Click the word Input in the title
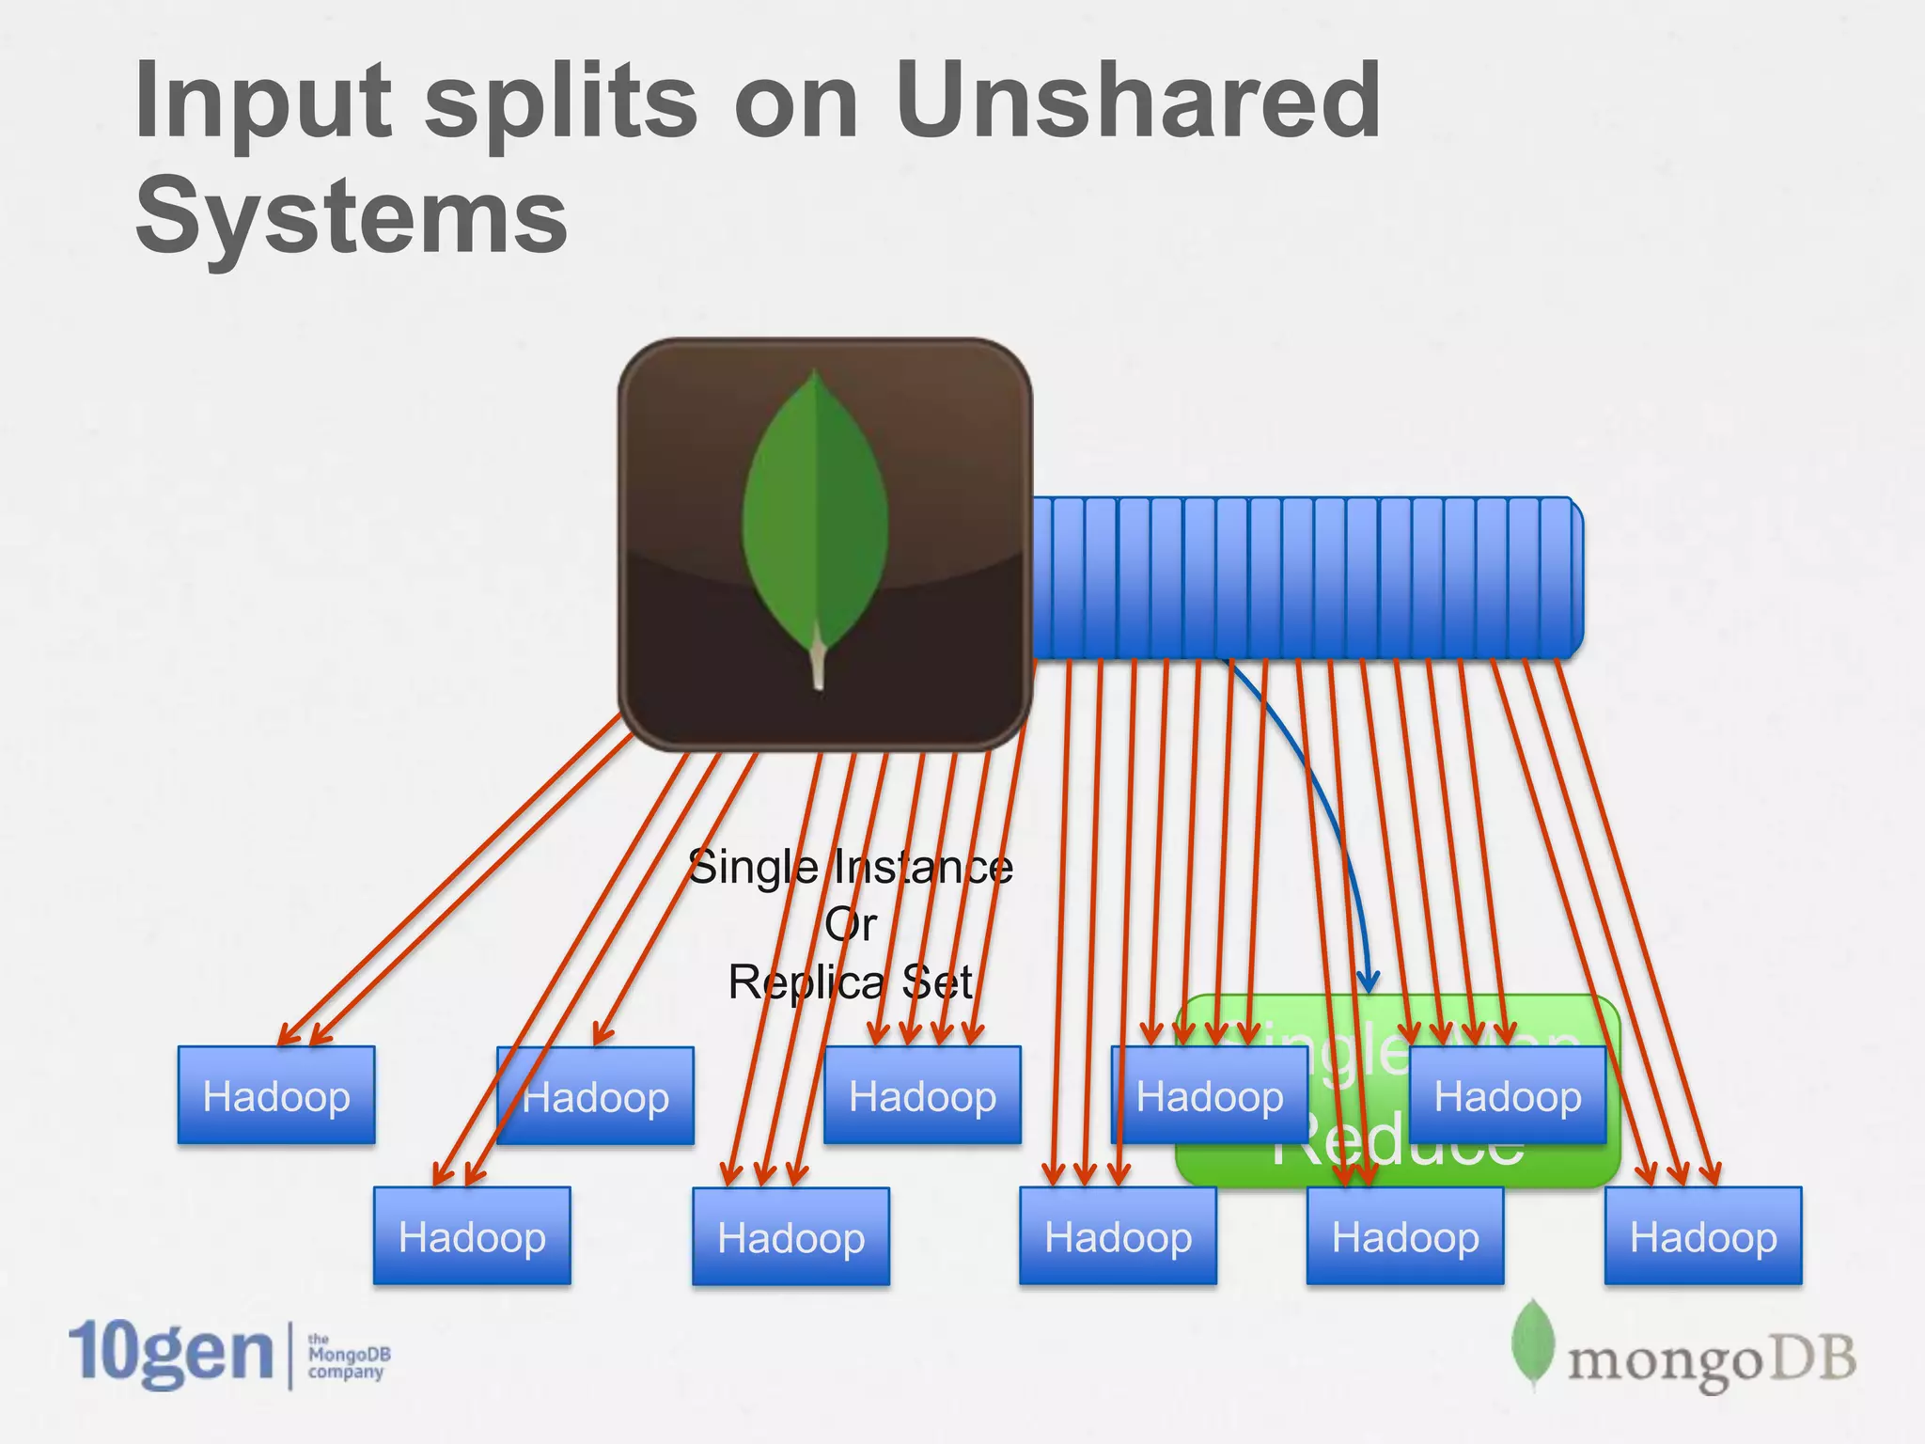click(x=262, y=102)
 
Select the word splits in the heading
click(x=561, y=102)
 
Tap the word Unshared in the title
click(x=1137, y=100)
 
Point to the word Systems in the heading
click(x=352, y=216)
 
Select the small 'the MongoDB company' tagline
click(x=348, y=1356)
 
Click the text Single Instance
click(x=850, y=867)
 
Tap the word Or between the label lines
click(x=851, y=925)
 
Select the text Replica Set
click(x=850, y=983)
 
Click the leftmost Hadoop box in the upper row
click(x=276, y=1095)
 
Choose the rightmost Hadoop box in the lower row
click(x=1703, y=1236)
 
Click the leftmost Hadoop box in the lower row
click(x=472, y=1236)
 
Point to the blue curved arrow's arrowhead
click(x=1369, y=983)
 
